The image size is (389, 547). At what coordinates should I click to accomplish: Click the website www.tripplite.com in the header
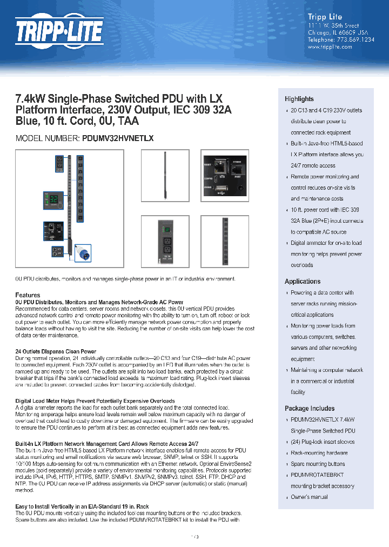pos(330,47)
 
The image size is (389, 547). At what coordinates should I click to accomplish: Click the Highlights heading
pos(299,99)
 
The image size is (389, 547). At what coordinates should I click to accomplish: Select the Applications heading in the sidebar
pos(302,281)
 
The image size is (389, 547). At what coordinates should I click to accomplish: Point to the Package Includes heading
pos(309,409)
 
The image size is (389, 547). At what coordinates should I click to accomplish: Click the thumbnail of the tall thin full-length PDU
pos(165,178)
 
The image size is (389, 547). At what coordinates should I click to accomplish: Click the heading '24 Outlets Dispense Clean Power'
pos(56,352)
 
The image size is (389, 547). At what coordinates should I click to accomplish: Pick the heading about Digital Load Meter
pos(95,401)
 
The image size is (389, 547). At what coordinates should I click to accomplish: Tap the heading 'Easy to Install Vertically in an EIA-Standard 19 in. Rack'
pos(82,507)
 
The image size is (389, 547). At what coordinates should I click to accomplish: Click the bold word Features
pos(28,295)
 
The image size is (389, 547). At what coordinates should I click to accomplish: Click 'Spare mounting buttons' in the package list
pos(318,464)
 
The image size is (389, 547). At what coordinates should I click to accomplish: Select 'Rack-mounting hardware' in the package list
pos(319,453)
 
